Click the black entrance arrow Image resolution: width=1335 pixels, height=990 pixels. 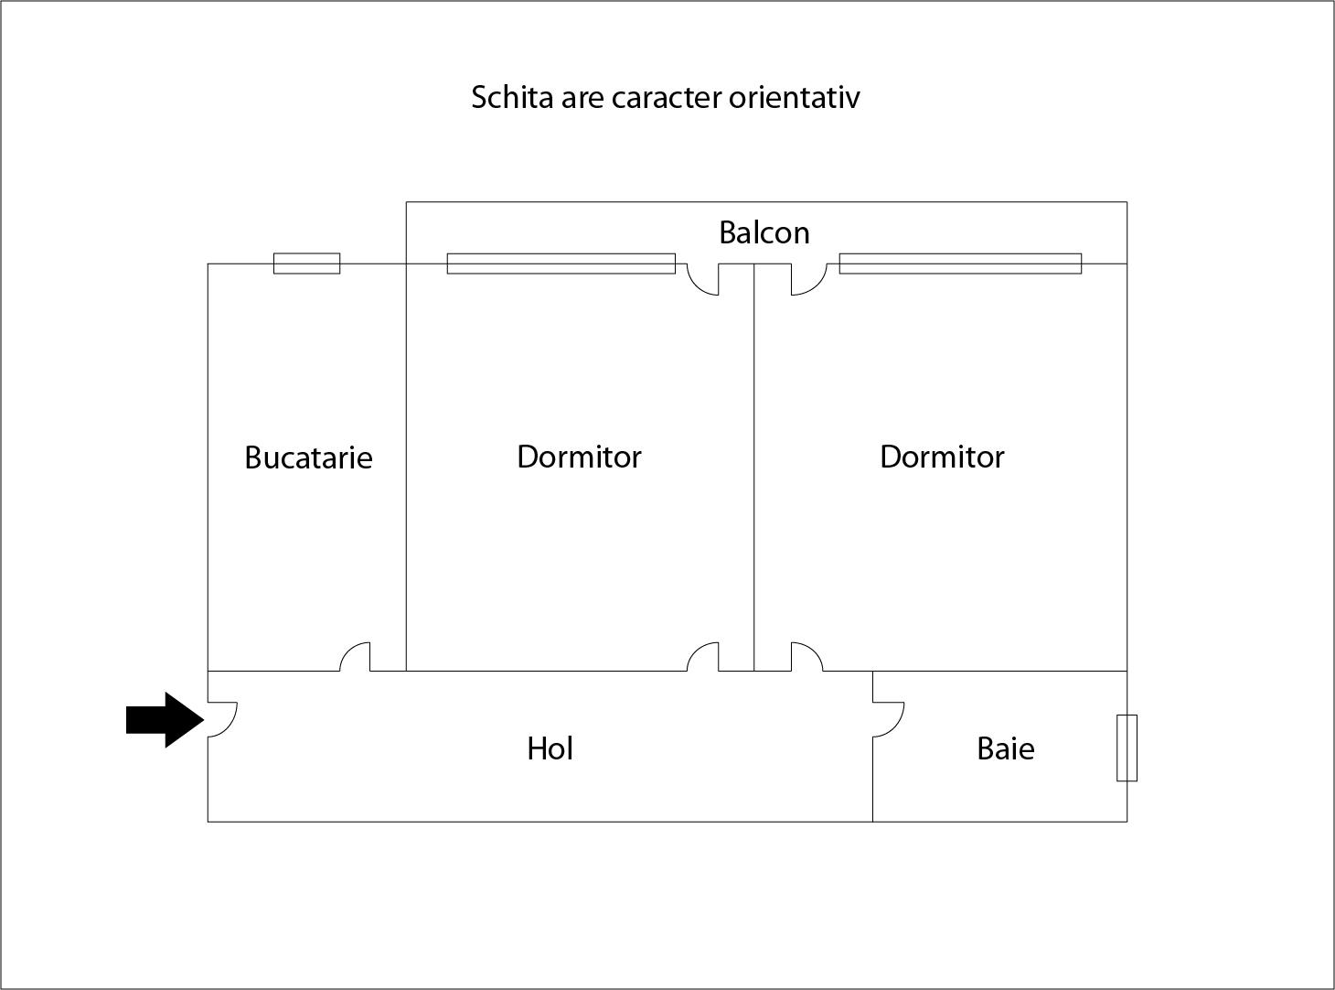(165, 719)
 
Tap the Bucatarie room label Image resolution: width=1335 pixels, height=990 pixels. (309, 457)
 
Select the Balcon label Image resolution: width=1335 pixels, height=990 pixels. (764, 232)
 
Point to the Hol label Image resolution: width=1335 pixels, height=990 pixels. (550, 748)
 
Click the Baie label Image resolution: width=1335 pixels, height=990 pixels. (1006, 749)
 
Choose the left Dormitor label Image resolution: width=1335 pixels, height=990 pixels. (579, 457)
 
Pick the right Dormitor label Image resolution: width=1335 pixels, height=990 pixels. (942, 457)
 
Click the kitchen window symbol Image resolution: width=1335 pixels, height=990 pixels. (307, 264)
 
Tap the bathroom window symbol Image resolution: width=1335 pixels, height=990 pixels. (1127, 748)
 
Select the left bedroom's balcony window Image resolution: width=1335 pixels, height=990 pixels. (561, 264)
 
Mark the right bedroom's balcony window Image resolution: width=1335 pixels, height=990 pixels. (960, 264)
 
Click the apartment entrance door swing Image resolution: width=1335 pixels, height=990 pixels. (223, 719)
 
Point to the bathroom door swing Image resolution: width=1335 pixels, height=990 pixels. (889, 719)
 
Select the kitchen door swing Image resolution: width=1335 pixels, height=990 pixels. (355, 657)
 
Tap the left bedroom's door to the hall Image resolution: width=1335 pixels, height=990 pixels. (703, 657)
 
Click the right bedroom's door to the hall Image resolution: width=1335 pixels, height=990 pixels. (806, 657)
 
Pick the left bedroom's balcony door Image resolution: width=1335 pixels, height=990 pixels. (703, 279)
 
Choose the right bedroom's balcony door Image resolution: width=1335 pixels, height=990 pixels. (809, 279)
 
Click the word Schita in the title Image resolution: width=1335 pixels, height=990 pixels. (512, 97)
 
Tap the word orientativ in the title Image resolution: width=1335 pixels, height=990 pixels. (795, 97)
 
